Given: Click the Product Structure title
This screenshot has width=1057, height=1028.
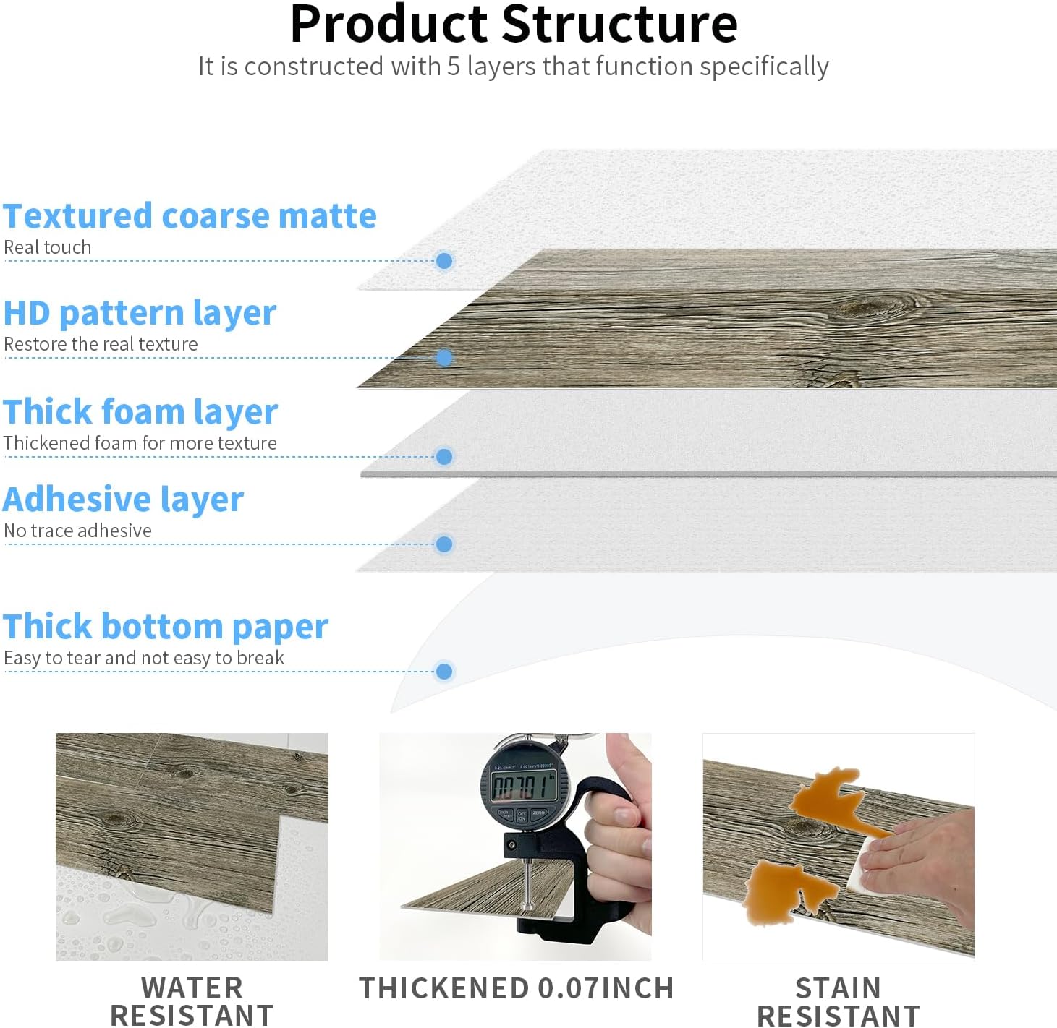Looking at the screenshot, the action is click(x=514, y=25).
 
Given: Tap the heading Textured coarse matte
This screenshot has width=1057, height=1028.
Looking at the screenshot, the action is click(x=190, y=216).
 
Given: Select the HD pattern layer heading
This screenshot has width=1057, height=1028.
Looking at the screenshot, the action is click(x=140, y=313).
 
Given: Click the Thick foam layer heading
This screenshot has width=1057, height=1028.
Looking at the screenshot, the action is click(x=140, y=411).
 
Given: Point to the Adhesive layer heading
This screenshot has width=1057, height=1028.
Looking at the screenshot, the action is click(x=124, y=500).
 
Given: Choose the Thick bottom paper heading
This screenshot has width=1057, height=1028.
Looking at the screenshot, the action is click(x=166, y=626).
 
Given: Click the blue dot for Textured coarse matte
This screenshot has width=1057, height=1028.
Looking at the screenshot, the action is click(x=444, y=261).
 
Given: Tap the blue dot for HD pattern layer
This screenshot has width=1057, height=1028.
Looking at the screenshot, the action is click(x=444, y=358).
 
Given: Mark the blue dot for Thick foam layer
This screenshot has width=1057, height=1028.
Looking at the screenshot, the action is click(x=444, y=457).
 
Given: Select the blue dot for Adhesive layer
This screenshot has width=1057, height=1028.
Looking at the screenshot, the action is click(x=444, y=544).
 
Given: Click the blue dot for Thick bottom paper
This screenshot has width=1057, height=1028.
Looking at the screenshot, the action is click(x=444, y=672).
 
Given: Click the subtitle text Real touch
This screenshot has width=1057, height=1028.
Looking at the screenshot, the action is click(x=48, y=247).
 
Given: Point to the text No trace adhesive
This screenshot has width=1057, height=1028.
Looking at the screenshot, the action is click(x=78, y=531).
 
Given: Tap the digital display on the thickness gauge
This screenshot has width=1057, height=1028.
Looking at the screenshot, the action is click(x=522, y=786).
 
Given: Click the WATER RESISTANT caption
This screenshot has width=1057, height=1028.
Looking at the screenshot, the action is click(x=192, y=1001).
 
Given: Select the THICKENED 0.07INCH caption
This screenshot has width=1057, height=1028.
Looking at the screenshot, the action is click(x=517, y=988).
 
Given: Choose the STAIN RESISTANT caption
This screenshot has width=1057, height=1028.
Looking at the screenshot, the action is click(x=838, y=1001).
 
